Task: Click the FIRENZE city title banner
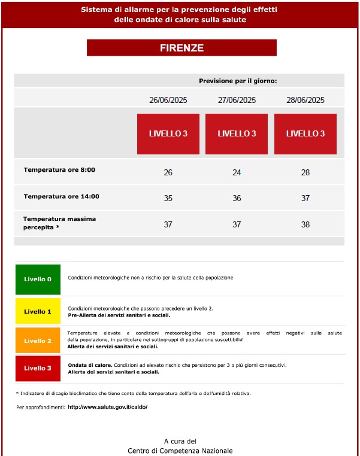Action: point(181,48)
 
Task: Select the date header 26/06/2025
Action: point(168,100)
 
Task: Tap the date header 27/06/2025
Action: point(237,100)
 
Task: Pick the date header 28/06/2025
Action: point(305,100)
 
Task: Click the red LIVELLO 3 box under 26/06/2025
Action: point(168,133)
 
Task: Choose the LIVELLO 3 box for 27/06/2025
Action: point(237,133)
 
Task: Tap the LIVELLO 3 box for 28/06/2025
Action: point(305,133)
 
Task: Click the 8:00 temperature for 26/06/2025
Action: point(168,172)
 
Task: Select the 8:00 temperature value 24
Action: point(237,172)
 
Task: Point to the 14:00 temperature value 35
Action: point(168,198)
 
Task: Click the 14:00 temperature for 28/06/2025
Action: point(305,198)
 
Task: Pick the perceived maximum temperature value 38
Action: point(305,224)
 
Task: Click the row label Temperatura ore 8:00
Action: point(59,170)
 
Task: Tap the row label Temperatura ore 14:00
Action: point(61,196)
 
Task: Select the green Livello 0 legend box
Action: point(38,279)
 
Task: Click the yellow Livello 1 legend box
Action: point(38,311)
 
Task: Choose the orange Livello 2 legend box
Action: point(38,341)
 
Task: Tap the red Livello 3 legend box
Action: point(38,368)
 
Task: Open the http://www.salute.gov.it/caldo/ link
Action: point(107,407)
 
